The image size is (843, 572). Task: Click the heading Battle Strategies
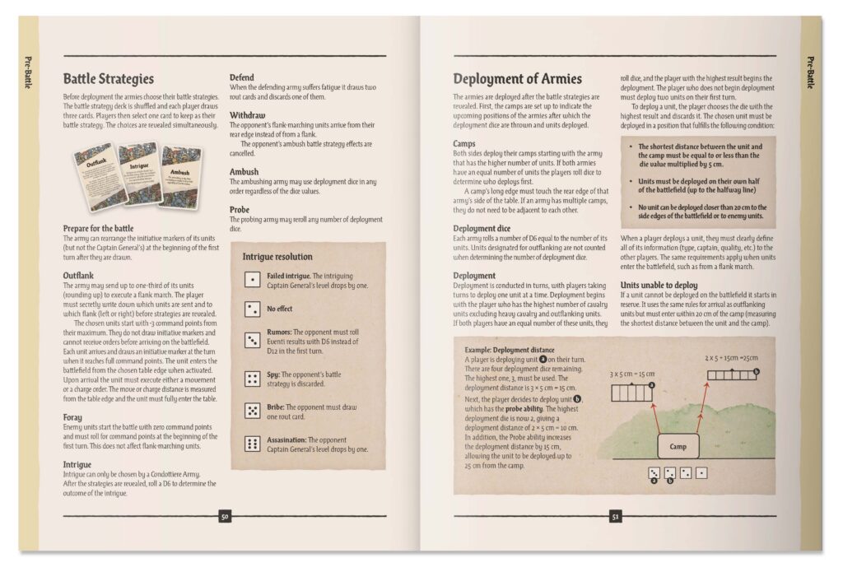tap(109, 79)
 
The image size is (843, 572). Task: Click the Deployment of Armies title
tap(517, 79)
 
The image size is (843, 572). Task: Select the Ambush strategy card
tap(180, 175)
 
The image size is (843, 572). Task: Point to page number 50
tap(225, 517)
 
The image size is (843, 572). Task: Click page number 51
tap(614, 517)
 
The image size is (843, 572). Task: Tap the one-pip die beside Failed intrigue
tap(252, 280)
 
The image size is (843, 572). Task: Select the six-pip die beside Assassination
tap(252, 444)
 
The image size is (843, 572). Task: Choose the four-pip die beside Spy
tap(252, 379)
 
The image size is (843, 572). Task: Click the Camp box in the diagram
tap(678, 446)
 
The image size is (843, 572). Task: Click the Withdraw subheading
tap(248, 115)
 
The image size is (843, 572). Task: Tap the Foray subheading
tap(72, 417)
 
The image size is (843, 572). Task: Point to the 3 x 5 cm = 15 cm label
tap(631, 373)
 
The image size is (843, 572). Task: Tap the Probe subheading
tap(240, 210)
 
